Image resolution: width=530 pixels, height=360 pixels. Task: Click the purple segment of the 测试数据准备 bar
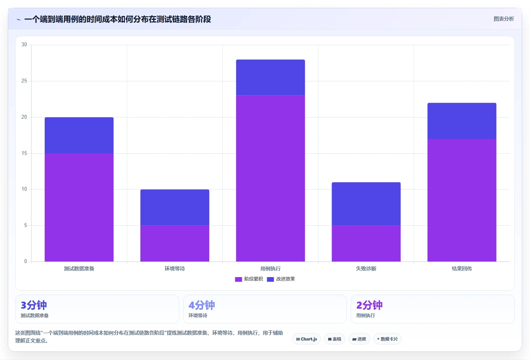(x=79, y=207)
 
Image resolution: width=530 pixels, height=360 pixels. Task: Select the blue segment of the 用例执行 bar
(x=270, y=78)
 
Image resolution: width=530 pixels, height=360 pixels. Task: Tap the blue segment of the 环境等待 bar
(x=175, y=207)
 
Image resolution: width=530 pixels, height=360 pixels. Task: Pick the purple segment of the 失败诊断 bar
(x=366, y=244)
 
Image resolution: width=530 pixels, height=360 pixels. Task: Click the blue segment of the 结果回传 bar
(x=462, y=121)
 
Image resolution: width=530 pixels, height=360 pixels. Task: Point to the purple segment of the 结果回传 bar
(x=462, y=200)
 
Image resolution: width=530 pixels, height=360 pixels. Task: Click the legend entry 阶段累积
(x=249, y=279)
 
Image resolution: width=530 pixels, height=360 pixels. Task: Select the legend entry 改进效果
(x=281, y=279)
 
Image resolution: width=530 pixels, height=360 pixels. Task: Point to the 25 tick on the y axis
(x=24, y=81)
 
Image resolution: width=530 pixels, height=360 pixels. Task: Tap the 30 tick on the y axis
(x=24, y=44)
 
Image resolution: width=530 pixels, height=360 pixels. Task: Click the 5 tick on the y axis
(x=26, y=225)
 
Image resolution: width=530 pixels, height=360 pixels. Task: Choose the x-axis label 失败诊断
(x=366, y=269)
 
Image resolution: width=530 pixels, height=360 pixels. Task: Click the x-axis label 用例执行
(x=270, y=269)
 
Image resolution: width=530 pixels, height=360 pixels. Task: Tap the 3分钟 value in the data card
(x=34, y=305)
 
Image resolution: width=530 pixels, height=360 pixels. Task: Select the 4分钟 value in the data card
(x=201, y=305)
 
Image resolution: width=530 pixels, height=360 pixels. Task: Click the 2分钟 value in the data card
(x=369, y=305)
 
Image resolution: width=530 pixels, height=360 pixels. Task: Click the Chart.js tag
(x=306, y=339)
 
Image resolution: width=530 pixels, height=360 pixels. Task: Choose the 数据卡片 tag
(x=387, y=339)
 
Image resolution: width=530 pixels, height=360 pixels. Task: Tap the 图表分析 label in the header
(x=504, y=19)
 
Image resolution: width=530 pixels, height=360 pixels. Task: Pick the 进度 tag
(x=359, y=339)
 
